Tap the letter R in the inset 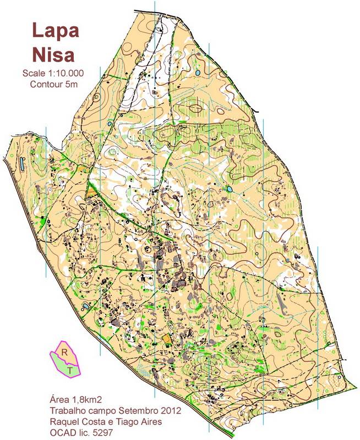coord(64,351)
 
